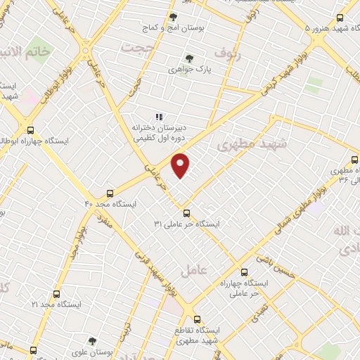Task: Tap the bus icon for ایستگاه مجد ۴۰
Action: [x=110, y=193]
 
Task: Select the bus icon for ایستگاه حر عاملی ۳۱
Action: [x=186, y=212]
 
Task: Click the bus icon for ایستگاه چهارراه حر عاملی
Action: [x=243, y=271]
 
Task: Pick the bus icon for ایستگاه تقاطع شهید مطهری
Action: [x=197, y=319]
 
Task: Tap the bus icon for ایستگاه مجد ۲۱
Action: [x=56, y=294]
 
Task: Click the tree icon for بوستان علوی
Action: [x=91, y=340]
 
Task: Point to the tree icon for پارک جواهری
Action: [x=188, y=59]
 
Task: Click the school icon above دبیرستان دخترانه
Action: [x=159, y=117]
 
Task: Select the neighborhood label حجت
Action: [x=136, y=48]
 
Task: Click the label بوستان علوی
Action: [x=91, y=352]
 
